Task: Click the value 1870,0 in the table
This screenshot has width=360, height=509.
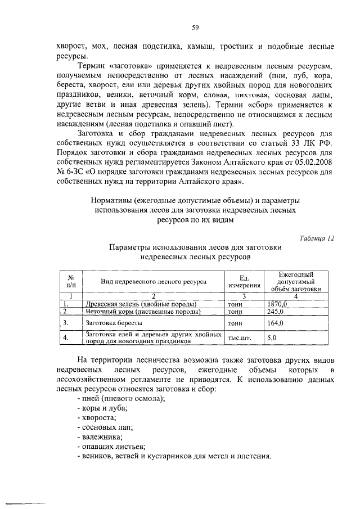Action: click(277, 304)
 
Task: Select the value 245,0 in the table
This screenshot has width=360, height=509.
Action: click(275, 311)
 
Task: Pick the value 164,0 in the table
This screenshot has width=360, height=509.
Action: click(275, 323)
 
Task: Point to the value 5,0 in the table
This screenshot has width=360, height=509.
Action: click(272, 338)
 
